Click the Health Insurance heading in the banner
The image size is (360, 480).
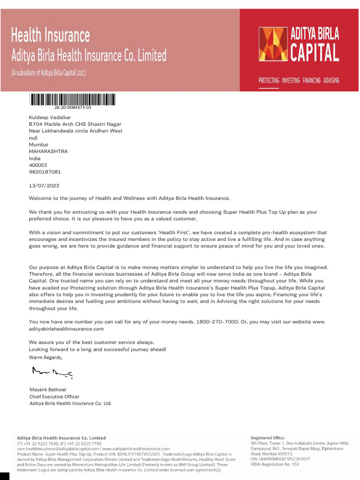[x=50, y=36]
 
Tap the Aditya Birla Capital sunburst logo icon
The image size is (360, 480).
[x=273, y=44]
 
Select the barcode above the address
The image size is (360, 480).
[x=73, y=99]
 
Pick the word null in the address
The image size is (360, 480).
[x=33, y=138]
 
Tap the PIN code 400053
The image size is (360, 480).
[x=38, y=165]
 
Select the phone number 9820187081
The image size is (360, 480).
[x=45, y=172]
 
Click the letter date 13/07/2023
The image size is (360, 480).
[x=44, y=186]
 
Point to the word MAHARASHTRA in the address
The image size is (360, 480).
[x=48, y=151]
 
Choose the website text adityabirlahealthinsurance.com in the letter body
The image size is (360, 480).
[x=66, y=329]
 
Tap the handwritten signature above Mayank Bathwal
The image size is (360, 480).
[x=52, y=373]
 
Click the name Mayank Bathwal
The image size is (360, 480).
[x=48, y=390]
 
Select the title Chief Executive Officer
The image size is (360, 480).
[x=54, y=397]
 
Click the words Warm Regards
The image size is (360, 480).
[x=45, y=357]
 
